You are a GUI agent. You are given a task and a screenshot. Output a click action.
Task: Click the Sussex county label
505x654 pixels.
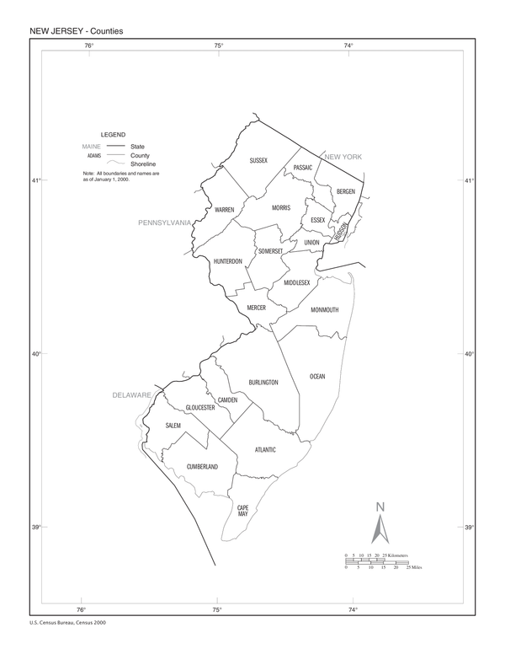[258, 159]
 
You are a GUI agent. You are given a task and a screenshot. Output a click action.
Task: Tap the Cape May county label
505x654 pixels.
[242, 510]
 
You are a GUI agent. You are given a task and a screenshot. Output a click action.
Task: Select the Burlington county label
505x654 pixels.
[263, 383]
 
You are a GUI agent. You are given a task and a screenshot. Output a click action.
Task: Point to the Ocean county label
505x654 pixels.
[316, 376]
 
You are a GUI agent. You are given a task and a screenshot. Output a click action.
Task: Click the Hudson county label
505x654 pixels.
[341, 230]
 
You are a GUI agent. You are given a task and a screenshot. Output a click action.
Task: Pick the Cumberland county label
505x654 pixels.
[202, 466]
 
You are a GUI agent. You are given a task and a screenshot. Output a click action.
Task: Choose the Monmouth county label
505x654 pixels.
[324, 310]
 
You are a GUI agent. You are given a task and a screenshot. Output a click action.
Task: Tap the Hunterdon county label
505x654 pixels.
[228, 261]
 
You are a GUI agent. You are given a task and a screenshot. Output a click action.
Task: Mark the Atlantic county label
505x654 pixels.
[266, 449]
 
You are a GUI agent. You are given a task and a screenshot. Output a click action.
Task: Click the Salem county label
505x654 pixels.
[173, 426]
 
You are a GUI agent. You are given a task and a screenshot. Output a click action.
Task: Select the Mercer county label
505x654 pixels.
[256, 308]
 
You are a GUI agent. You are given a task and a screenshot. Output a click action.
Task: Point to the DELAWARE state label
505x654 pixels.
[132, 394]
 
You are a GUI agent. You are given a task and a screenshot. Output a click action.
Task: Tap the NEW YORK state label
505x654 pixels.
[343, 157]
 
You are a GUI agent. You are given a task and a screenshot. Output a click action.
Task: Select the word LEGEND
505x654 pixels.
[113, 135]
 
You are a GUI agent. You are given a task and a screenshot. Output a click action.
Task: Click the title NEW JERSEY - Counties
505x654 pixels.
[77, 31]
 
